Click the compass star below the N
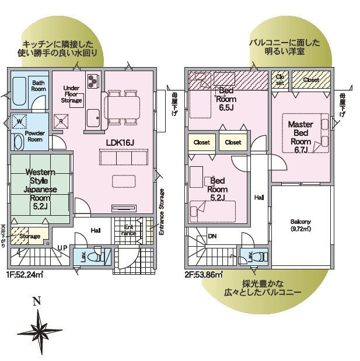pyautogui.click(x=40, y=331)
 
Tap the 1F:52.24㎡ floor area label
pyautogui.click(x=25, y=275)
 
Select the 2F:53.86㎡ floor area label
pyautogui.click(x=204, y=275)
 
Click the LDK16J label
pyautogui.click(x=120, y=143)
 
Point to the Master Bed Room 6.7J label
pyautogui.click(x=300, y=137)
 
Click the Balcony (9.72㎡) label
pyautogui.click(x=300, y=225)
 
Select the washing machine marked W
pyautogui.click(x=19, y=121)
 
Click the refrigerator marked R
pyautogui.click(x=61, y=121)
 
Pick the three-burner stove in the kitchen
pyautogui.click(x=93, y=81)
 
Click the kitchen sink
pyautogui.click(x=93, y=118)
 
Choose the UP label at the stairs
pyautogui.click(x=62, y=248)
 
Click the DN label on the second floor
pyautogui.click(x=212, y=236)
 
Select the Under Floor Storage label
pyautogui.click(x=71, y=94)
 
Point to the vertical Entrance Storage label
pyautogui.click(x=162, y=212)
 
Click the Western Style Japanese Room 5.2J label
pyautogui.click(x=40, y=190)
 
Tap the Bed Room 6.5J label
pyautogui.click(x=226, y=99)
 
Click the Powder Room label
pyautogui.click(x=35, y=136)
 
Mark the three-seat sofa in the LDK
pyautogui.click(x=124, y=157)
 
